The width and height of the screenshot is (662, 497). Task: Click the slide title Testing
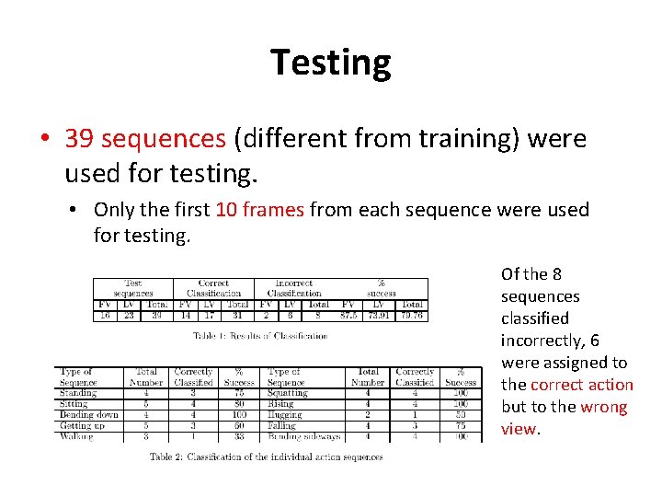(x=331, y=63)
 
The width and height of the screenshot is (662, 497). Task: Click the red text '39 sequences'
(x=145, y=138)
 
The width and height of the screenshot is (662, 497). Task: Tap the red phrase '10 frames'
(x=259, y=210)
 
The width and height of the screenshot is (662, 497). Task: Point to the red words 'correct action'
(x=581, y=385)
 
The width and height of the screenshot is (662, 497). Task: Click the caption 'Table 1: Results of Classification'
(x=260, y=336)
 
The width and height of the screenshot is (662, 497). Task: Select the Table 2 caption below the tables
(x=266, y=457)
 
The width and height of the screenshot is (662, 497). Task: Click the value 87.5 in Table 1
(x=348, y=314)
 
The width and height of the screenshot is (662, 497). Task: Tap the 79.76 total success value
(x=412, y=314)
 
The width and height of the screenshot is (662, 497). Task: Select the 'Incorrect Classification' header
(x=293, y=288)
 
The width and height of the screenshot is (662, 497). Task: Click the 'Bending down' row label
(x=88, y=414)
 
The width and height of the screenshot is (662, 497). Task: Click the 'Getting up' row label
(x=82, y=425)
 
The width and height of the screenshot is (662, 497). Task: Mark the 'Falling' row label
(x=281, y=425)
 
